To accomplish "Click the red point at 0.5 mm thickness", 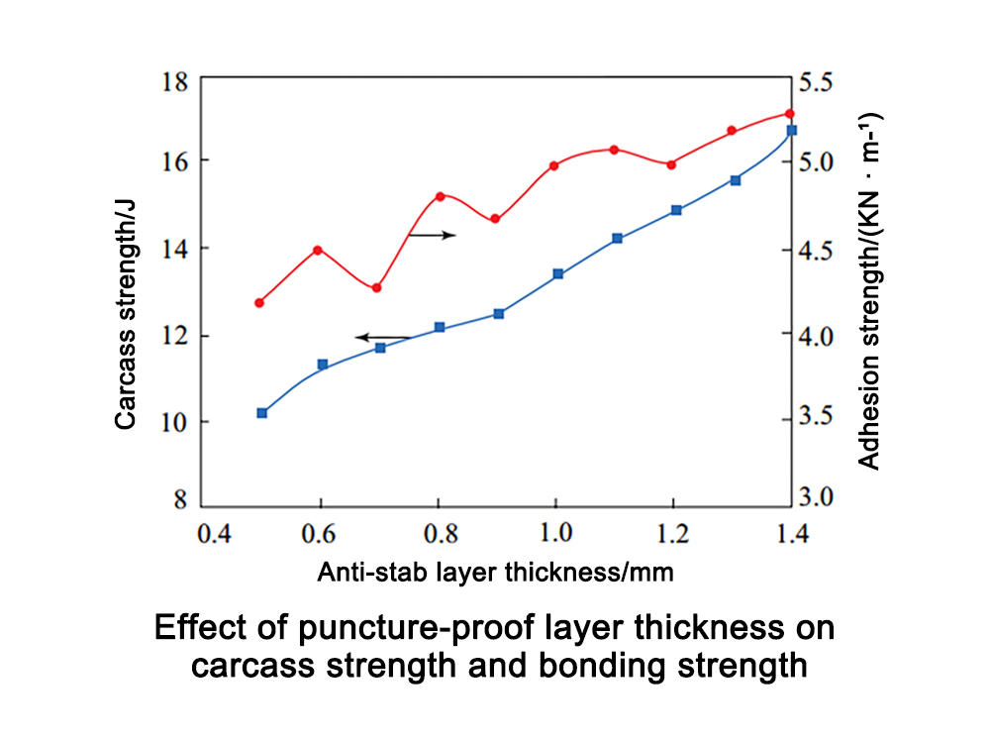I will (259, 302).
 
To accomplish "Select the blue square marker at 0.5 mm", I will (262, 413).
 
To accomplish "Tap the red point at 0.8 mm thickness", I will (440, 196).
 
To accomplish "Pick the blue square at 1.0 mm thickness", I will (558, 273).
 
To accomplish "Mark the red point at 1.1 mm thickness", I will (614, 150).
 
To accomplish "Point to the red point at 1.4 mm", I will (789, 114).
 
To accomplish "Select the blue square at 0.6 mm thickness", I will (322, 365).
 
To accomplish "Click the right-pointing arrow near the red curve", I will (432, 235).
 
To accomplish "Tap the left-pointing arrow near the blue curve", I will (382, 338).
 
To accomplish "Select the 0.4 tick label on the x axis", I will (214, 534).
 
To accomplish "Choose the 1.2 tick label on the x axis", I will (674, 534).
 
